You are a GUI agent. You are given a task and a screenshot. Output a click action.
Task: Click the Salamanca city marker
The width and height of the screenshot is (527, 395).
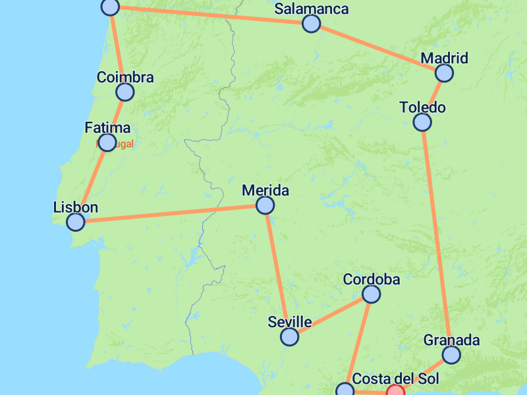point(311,24)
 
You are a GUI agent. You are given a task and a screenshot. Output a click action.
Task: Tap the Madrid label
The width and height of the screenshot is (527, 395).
point(444,58)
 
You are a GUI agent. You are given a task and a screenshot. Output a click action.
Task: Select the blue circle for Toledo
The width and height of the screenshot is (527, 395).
point(422,122)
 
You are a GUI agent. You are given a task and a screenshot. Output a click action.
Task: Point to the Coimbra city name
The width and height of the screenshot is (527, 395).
point(125,77)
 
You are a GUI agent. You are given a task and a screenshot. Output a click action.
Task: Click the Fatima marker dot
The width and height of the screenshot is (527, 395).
point(107,142)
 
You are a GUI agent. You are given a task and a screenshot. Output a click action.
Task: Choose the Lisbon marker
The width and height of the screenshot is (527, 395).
point(76,222)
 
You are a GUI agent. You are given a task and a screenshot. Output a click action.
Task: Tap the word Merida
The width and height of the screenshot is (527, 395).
point(265,191)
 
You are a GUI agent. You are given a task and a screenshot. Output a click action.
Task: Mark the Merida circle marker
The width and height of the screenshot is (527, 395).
point(265,206)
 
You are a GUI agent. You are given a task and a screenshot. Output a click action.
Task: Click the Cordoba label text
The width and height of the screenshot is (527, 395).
point(372,279)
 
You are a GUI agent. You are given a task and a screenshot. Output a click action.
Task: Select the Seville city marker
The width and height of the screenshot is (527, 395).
point(289,337)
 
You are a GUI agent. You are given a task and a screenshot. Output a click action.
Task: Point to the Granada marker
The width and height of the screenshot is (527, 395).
point(451,355)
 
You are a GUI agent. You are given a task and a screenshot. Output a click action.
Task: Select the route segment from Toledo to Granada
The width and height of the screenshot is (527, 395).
point(436,237)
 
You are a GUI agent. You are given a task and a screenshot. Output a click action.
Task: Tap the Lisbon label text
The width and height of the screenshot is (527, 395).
point(76,207)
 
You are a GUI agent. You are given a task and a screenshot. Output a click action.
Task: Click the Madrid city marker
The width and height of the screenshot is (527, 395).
point(445,72)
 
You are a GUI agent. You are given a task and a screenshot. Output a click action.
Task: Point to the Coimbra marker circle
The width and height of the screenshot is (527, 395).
point(125,92)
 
